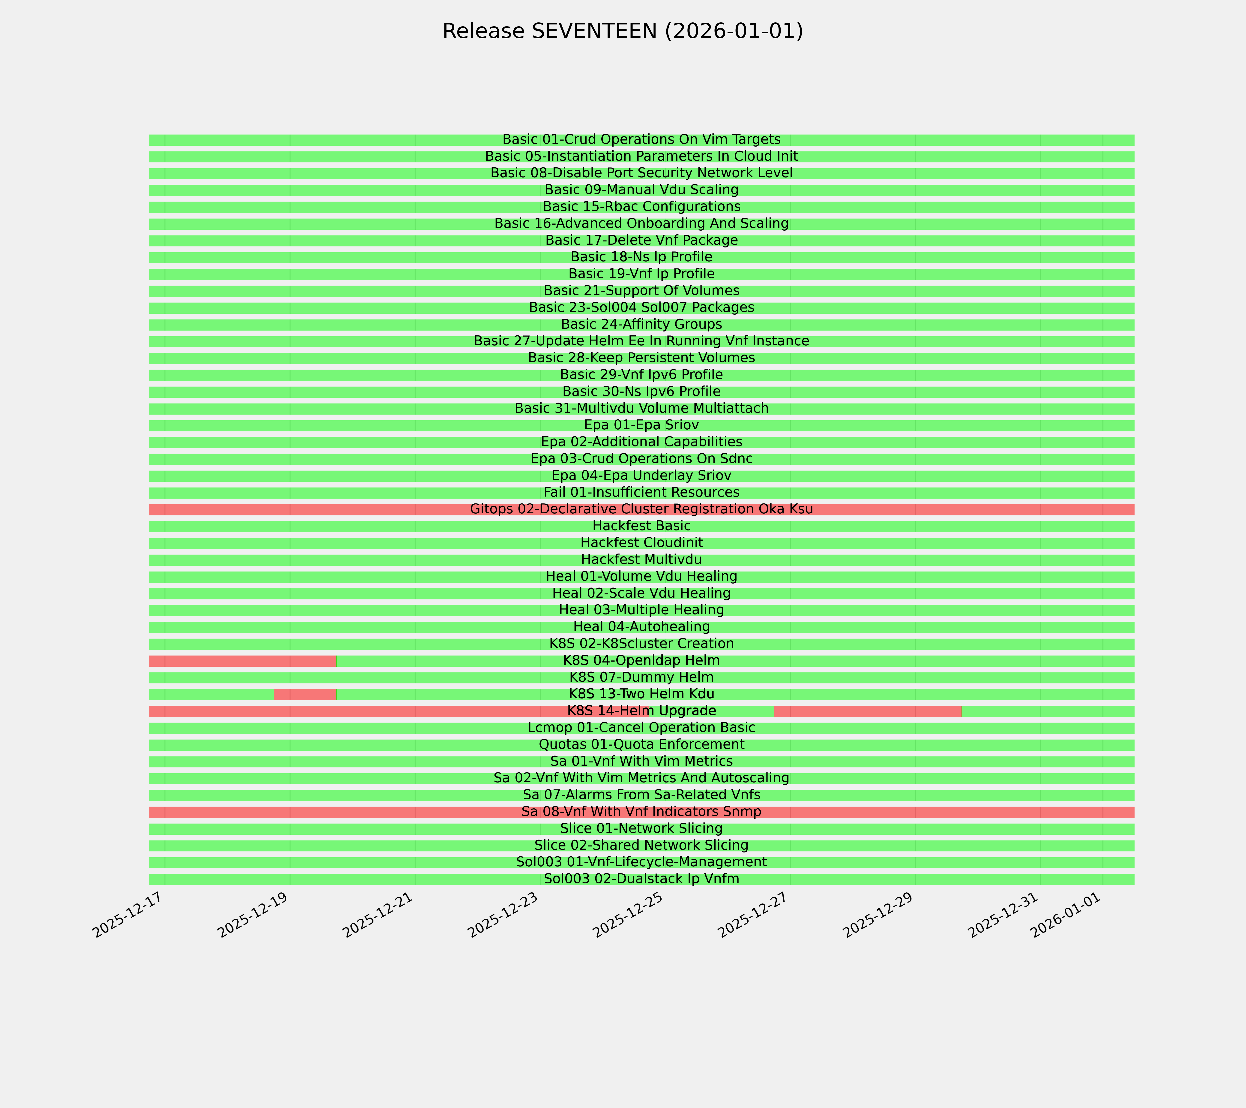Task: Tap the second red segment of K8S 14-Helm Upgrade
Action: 867,711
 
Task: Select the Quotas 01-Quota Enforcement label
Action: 641,745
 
